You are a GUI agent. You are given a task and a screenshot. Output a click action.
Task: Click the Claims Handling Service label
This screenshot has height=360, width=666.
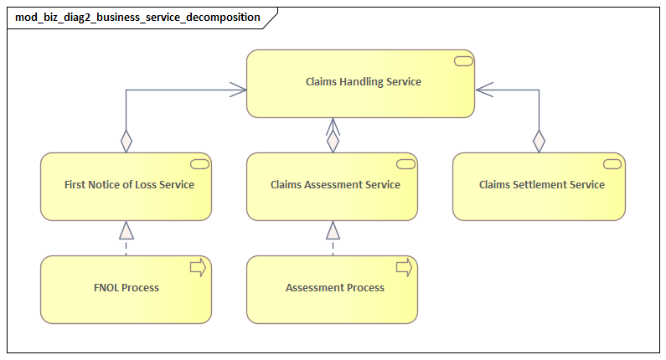(x=362, y=82)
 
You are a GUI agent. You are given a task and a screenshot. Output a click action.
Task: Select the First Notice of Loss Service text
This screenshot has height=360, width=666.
(x=129, y=184)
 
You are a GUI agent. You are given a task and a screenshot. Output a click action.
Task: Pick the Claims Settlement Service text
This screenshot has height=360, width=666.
(x=541, y=184)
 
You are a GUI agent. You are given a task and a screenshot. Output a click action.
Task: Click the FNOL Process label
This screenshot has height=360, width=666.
(x=126, y=287)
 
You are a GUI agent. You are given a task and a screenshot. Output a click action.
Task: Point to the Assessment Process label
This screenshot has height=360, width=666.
(x=335, y=287)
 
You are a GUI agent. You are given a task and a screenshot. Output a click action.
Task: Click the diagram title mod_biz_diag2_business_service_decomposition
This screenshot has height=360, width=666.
(x=137, y=17)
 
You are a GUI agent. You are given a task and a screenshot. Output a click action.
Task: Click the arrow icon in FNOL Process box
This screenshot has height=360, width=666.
(x=199, y=267)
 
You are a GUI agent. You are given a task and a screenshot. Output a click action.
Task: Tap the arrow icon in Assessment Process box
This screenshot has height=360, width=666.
(x=405, y=267)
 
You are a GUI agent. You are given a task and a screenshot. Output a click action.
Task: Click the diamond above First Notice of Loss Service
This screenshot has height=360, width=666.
(x=126, y=141)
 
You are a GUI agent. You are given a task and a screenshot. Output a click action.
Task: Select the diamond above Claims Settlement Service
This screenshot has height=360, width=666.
(x=539, y=141)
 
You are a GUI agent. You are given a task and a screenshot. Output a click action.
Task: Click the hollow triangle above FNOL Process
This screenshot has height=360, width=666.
(x=126, y=230)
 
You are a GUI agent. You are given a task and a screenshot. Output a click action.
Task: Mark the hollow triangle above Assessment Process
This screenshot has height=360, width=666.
(x=333, y=230)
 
